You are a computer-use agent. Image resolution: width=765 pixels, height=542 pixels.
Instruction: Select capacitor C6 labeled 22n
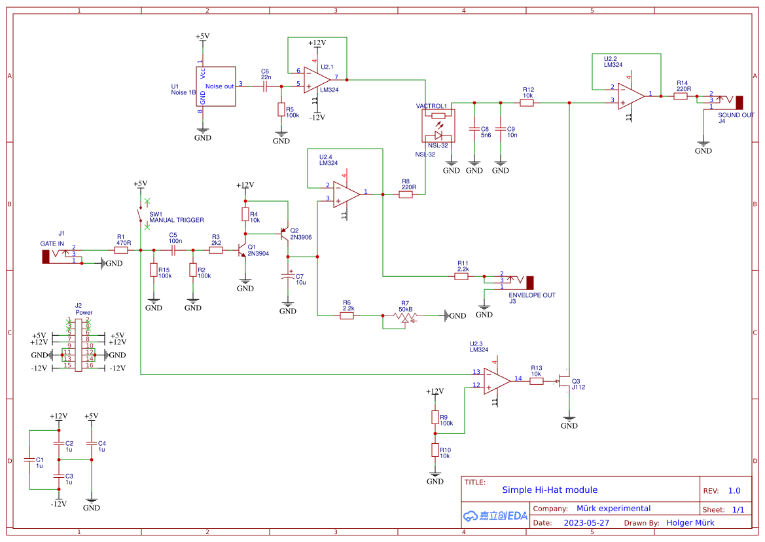coord(266,85)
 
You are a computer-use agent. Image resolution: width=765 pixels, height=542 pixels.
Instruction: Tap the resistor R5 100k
coord(281,109)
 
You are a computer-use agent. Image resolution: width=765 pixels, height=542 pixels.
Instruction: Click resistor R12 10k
coord(527,103)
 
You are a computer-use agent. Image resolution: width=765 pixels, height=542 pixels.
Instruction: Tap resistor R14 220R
coord(681,96)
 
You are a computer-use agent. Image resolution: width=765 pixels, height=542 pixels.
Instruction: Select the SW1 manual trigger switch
coord(140,215)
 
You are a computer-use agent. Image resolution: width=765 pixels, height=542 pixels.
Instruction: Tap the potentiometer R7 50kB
coord(405,316)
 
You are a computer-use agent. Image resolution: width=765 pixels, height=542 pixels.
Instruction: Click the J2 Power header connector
coord(79,344)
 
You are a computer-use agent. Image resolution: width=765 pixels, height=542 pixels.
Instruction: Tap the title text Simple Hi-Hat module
coord(550,490)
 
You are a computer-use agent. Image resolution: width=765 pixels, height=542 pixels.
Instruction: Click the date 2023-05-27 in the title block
coord(586,522)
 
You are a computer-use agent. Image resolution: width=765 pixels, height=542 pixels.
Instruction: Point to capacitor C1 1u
coord(29,460)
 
